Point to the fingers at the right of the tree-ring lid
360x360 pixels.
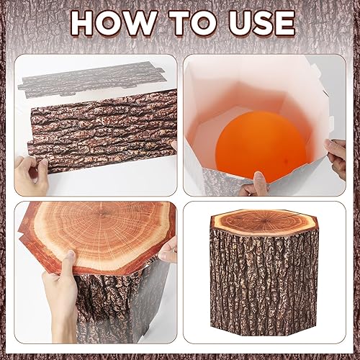click(168, 250)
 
